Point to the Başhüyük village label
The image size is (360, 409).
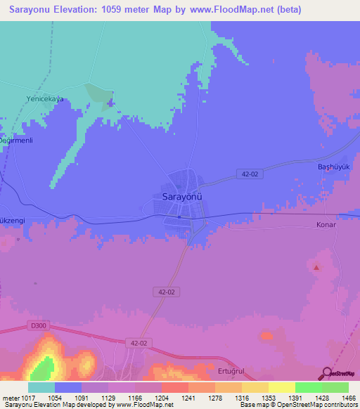click(333, 167)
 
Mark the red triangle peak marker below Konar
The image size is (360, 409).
click(316, 266)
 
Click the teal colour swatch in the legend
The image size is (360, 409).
click(41, 387)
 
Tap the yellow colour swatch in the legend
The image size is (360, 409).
click(282, 387)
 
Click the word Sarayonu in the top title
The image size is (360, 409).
click(30, 9)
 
